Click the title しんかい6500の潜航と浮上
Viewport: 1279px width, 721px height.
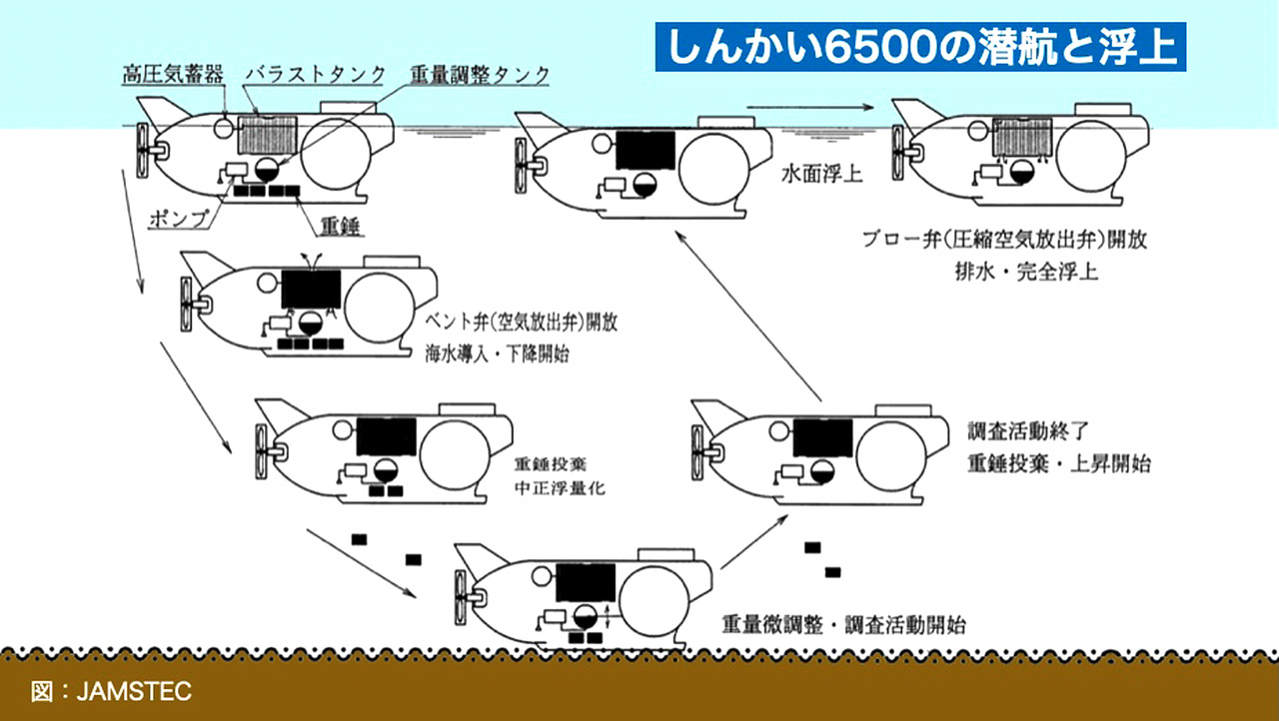tap(920, 48)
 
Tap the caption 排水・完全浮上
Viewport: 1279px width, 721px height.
tap(1024, 271)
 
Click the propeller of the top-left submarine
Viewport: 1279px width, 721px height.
tap(144, 151)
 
